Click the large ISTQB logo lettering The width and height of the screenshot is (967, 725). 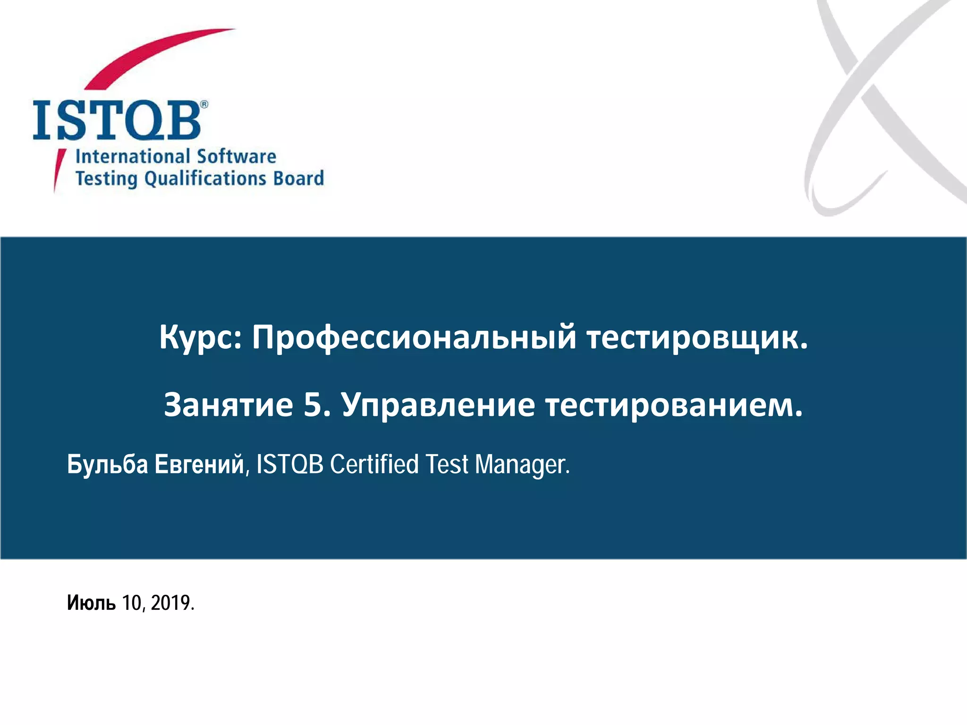[117, 120]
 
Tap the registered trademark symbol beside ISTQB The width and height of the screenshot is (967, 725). [204, 104]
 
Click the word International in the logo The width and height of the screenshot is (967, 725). [133, 156]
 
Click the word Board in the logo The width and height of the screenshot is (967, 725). [298, 178]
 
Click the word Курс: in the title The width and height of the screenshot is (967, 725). [200, 338]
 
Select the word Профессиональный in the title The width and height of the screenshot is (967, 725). [414, 338]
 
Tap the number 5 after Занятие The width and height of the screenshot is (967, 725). [313, 405]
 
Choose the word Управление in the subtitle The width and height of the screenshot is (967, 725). [438, 405]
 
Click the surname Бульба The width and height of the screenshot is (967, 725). [108, 464]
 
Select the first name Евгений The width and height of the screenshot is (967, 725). [199, 464]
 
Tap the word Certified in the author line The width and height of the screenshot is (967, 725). [374, 464]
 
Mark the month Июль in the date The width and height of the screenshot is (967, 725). [91, 603]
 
